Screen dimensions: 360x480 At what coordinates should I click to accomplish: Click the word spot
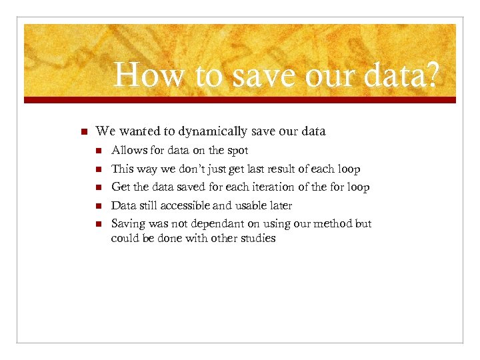pyautogui.click(x=237, y=150)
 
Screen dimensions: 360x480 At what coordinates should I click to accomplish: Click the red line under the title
pyautogui.click(x=240, y=100)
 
